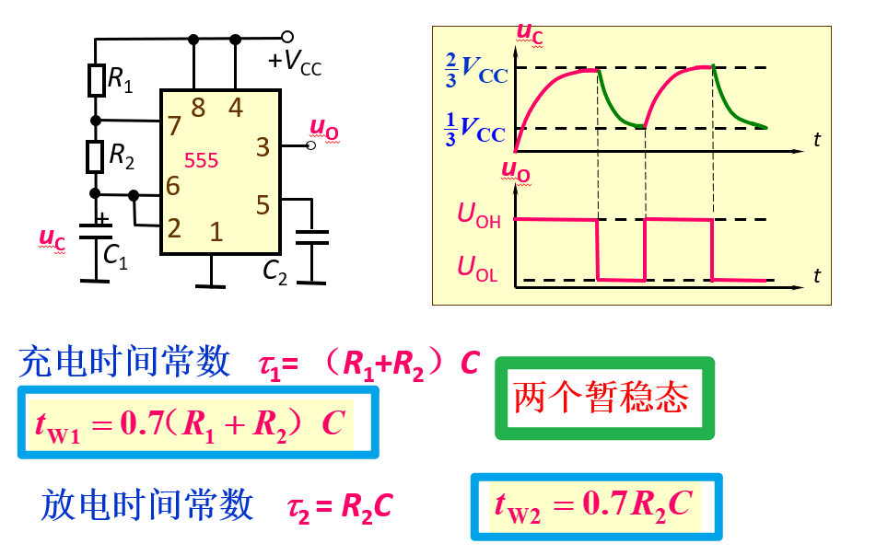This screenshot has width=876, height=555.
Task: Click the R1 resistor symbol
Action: point(96,80)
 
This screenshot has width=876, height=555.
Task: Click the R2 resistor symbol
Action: point(95,156)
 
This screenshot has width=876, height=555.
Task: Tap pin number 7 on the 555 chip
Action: point(174,122)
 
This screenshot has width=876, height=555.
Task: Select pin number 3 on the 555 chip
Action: point(263,146)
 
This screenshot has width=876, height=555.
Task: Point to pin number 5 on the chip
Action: point(263,204)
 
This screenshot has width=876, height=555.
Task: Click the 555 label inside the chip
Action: point(201,160)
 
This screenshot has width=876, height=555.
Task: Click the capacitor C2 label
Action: point(275,271)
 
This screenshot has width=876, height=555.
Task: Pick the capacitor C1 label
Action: point(116,259)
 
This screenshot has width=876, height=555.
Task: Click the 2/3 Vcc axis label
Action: point(474,69)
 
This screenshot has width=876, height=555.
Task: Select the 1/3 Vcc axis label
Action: point(474,129)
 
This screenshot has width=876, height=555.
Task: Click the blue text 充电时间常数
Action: point(124,362)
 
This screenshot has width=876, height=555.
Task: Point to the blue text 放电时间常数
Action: point(147,504)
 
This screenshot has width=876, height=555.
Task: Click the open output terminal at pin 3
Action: point(310,145)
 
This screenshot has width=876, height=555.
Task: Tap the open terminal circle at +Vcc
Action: point(286,37)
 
